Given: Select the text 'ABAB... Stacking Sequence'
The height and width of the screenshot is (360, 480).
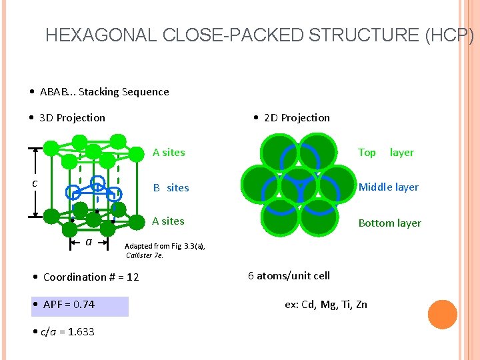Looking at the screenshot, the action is coord(104,92).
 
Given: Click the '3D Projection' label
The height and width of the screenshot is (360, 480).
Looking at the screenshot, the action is coord(72,118).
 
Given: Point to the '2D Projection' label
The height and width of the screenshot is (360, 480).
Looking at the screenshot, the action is coord(297,118).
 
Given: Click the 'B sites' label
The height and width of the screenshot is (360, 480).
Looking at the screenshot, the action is coord(171,188).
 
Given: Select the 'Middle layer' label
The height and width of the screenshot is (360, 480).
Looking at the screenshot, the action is coord(389,187).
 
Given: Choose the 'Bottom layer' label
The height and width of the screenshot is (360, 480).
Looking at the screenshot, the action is coord(389,223).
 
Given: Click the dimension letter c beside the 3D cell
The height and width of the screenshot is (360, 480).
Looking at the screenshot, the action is coord(35,183).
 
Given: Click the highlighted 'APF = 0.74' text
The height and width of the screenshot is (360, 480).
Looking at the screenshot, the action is coord(69,305).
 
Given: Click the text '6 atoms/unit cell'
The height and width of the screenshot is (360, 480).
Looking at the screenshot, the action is coord(289,276).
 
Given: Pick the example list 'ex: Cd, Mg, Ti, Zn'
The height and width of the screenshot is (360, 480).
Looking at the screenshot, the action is coord(326,305).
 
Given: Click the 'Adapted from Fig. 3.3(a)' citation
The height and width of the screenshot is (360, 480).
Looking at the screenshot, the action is coord(165,246).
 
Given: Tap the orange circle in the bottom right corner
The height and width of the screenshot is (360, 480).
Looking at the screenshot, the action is coord(442,314).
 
